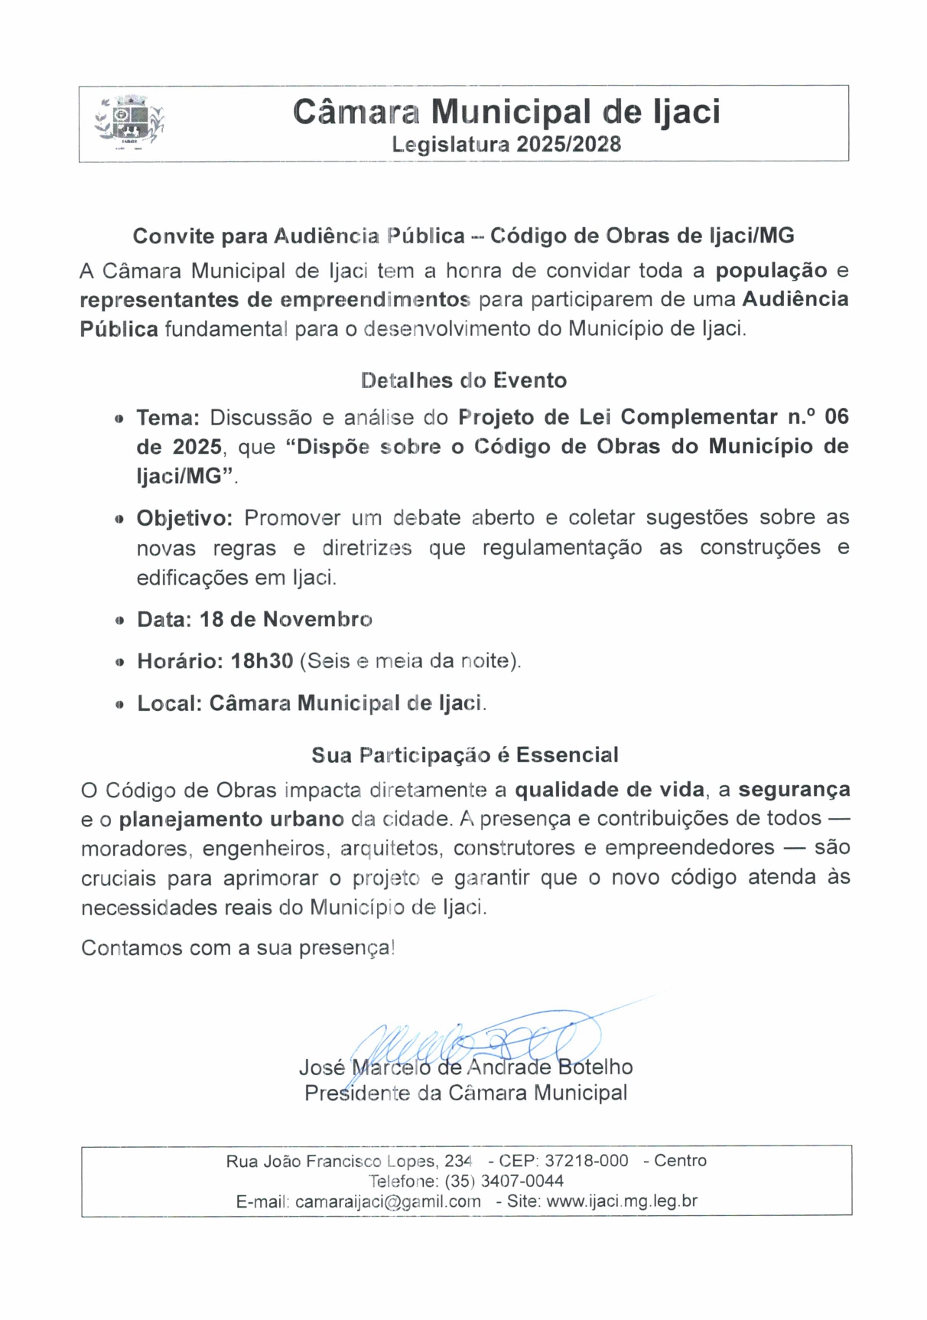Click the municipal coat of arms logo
[128, 122]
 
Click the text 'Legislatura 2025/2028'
[506, 145]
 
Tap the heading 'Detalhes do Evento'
[463, 380]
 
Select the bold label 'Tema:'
[168, 418]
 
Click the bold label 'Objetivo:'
[184, 518]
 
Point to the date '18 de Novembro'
[286, 619]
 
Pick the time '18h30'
[262, 661]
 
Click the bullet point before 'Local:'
[119, 705]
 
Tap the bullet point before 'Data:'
[119, 621]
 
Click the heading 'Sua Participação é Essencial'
[465, 755]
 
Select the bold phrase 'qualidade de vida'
[610, 789]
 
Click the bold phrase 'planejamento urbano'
[232, 819]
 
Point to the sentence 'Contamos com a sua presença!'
[238, 948]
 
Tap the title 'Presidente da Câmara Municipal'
[466, 1093]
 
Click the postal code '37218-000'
[587, 1161]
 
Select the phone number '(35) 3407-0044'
[504, 1181]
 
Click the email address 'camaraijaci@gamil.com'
[388, 1201]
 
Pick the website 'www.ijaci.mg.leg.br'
[622, 1201]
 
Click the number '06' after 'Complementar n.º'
[837, 417]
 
